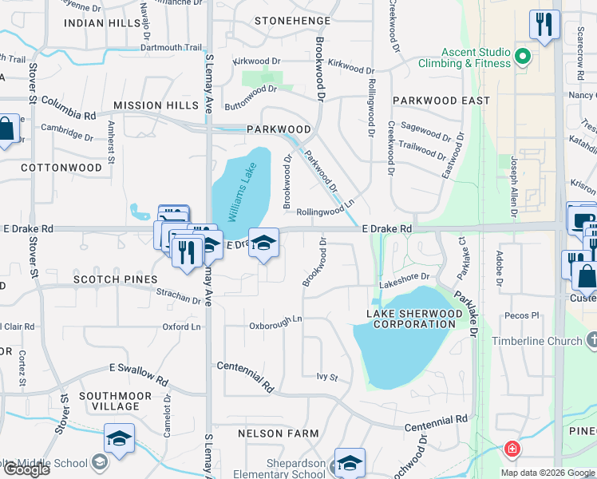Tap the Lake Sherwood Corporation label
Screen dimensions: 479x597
click(414, 319)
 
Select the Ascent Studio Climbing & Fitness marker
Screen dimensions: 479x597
click(523, 57)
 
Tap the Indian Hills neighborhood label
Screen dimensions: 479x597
click(102, 23)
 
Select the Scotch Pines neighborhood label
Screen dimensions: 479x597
click(106, 280)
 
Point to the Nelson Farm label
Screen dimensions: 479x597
click(279, 433)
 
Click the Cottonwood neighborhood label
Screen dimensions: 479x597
click(61, 168)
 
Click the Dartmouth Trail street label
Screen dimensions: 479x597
click(172, 47)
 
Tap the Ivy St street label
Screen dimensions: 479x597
click(327, 377)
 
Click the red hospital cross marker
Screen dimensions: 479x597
click(511, 449)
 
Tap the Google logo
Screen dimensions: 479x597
click(26, 469)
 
